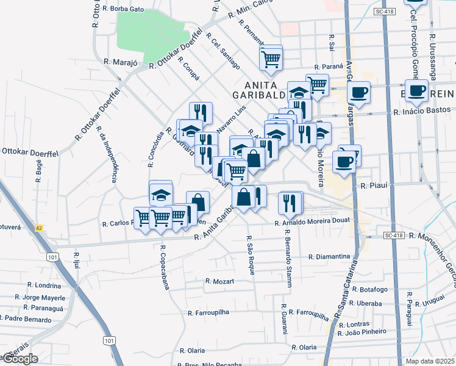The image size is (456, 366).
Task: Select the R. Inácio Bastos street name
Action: click(x=421, y=112)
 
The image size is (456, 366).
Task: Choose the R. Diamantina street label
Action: click(x=329, y=257)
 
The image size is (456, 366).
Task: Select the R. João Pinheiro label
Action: click(x=365, y=331)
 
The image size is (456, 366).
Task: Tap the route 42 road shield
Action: click(x=39, y=228)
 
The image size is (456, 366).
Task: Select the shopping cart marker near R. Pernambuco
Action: click(x=270, y=59)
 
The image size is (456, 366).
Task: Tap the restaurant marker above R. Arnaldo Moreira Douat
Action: click(x=289, y=203)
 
